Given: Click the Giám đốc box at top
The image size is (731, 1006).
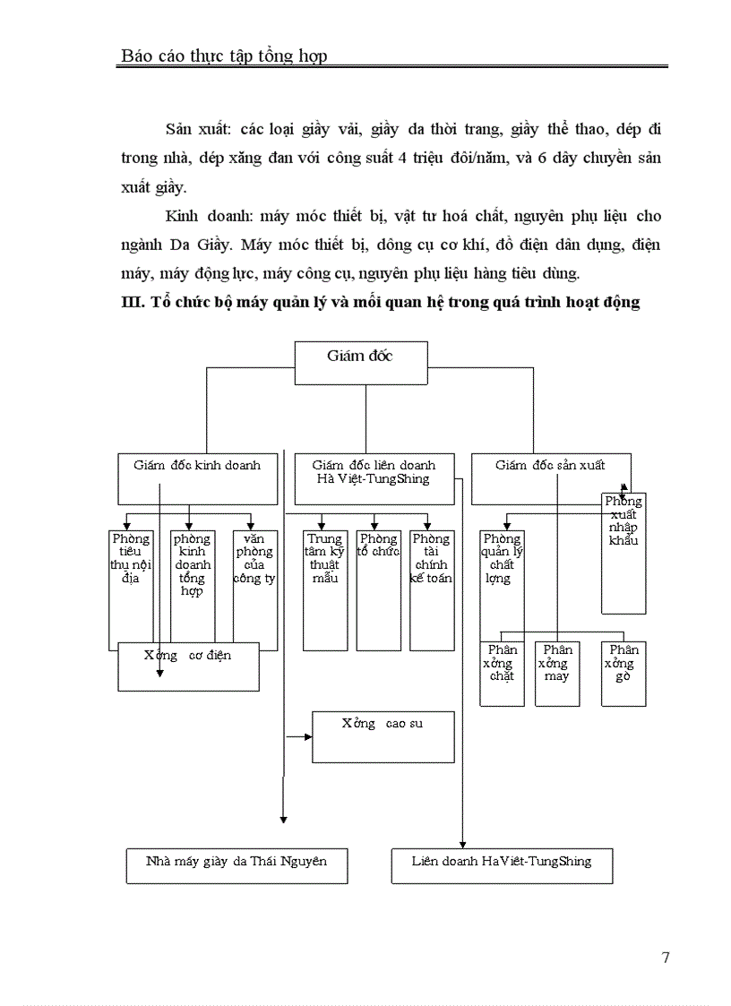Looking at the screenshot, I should (361, 363).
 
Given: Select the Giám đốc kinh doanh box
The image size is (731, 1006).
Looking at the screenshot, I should (197, 478).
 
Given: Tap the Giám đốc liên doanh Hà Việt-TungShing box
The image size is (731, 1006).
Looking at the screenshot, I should (374, 478).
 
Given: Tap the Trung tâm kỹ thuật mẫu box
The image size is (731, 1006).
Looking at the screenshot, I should (325, 589).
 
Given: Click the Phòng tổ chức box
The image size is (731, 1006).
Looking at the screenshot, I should (378, 589).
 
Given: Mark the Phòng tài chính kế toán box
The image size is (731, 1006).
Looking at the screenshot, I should (432, 589).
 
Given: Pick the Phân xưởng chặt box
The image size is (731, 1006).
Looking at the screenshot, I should (502, 674).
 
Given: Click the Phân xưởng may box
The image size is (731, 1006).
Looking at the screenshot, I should (557, 674).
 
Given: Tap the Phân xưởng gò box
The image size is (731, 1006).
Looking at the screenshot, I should (623, 674).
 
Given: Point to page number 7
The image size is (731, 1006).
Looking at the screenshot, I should (666, 958).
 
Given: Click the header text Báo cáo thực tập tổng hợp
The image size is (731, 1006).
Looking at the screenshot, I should (224, 56).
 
